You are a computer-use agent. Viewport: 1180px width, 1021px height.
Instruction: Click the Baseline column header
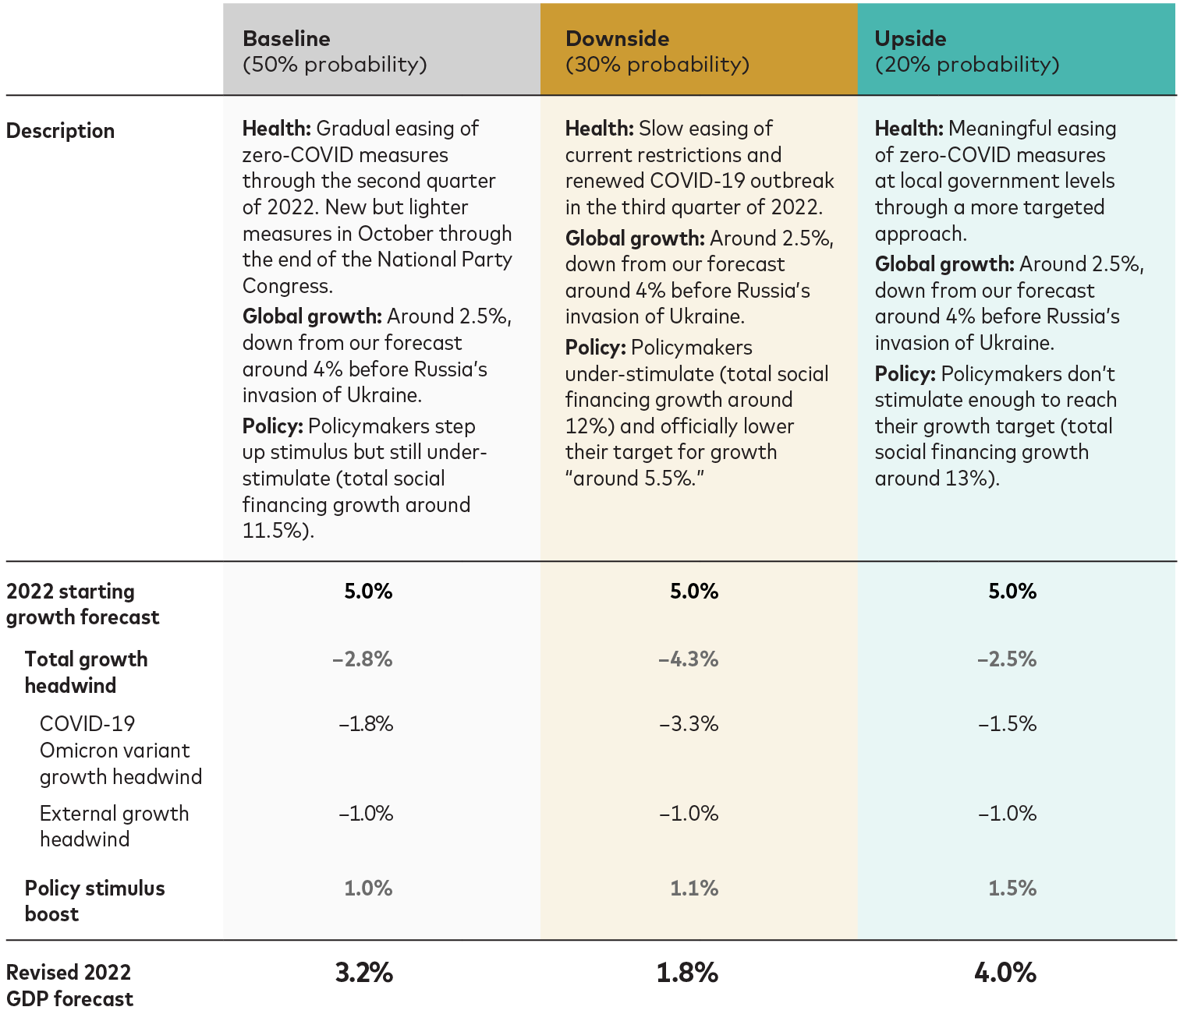pyautogui.click(x=335, y=51)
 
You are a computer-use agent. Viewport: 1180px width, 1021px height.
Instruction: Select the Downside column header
pyautogui.click(x=657, y=51)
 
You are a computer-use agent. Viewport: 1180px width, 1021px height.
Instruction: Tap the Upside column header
pyautogui.click(x=967, y=51)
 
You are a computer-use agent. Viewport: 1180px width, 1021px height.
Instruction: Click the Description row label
pyautogui.click(x=60, y=131)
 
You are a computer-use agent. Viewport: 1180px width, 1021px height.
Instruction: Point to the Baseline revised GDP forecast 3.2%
pyautogui.click(x=363, y=973)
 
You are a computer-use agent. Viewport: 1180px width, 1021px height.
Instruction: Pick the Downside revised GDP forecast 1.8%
pyautogui.click(x=687, y=973)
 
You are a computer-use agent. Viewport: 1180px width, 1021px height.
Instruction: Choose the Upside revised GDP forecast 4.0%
pyautogui.click(x=1005, y=973)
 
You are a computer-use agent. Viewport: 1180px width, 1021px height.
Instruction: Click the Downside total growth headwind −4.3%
pyautogui.click(x=688, y=659)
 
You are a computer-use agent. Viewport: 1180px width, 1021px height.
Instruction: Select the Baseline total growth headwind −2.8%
pyautogui.click(x=363, y=659)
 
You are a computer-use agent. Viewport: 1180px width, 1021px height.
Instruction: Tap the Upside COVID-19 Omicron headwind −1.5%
pyautogui.click(x=1007, y=724)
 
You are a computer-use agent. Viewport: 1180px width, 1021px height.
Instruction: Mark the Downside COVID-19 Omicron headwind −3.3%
pyautogui.click(x=689, y=724)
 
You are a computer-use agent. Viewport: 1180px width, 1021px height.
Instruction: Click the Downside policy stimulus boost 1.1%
pyautogui.click(x=694, y=888)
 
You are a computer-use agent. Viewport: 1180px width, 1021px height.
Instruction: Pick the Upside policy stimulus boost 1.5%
pyautogui.click(x=1012, y=888)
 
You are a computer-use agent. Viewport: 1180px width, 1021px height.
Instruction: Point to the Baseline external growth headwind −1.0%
pyautogui.click(x=366, y=813)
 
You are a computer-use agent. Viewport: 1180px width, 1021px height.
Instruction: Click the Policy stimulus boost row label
pyautogui.click(x=95, y=901)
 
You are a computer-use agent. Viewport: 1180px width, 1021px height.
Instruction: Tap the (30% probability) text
pyautogui.click(x=657, y=64)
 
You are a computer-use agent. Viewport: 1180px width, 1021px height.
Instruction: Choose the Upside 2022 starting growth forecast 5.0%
pyautogui.click(x=1012, y=591)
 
